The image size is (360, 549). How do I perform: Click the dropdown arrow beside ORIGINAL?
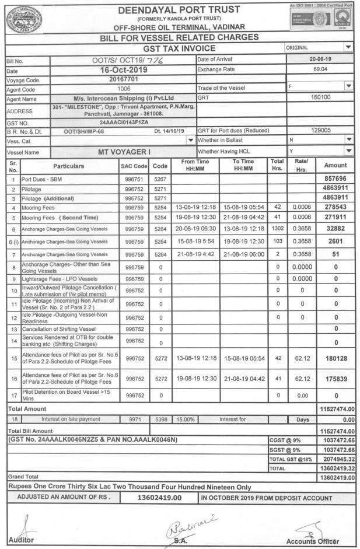(x=349, y=48)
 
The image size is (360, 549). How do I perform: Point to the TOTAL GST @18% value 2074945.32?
(x=334, y=460)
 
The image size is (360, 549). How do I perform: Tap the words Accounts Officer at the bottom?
(x=312, y=540)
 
